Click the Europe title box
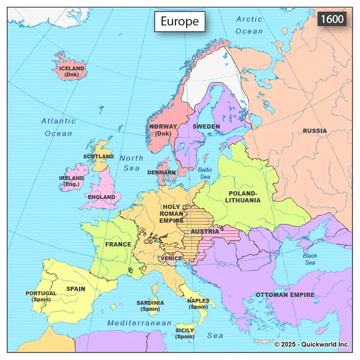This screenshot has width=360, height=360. click(x=180, y=22)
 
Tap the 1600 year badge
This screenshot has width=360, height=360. click(x=332, y=19)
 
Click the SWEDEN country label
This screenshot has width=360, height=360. click(x=206, y=126)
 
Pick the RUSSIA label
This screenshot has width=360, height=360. click(x=315, y=131)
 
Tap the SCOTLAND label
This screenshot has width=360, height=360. click(x=98, y=156)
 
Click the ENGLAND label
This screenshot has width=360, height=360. click(x=101, y=197)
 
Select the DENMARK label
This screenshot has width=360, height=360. click(x=161, y=172)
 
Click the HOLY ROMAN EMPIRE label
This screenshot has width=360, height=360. click(x=171, y=214)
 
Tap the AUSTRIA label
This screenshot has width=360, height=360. click(x=205, y=231)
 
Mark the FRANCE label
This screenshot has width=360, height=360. click(x=118, y=244)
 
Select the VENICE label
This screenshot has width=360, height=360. click(x=171, y=258)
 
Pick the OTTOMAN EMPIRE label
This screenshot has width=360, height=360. click(x=285, y=295)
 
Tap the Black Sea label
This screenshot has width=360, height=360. click(x=309, y=259)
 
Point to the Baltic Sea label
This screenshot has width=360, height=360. click(x=205, y=173)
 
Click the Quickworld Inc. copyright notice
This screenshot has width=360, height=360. click(x=312, y=344)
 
